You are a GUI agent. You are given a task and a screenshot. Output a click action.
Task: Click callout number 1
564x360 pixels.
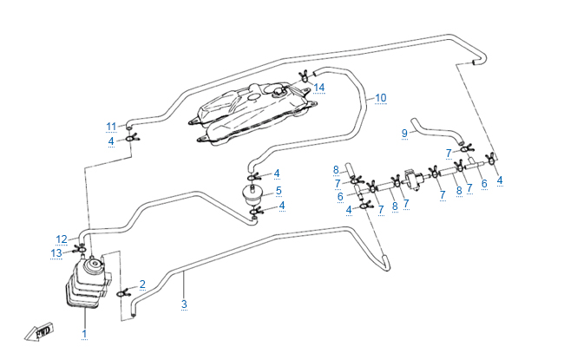(x=84, y=333)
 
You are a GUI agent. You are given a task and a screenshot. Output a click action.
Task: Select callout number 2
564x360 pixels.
(x=142, y=284)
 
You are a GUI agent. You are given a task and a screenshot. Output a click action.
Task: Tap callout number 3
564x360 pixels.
(x=184, y=304)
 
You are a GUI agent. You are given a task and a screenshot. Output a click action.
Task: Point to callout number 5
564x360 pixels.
(x=278, y=190)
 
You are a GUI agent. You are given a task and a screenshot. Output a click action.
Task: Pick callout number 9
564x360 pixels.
(x=403, y=133)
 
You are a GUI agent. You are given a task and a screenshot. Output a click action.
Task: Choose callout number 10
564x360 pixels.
(x=380, y=99)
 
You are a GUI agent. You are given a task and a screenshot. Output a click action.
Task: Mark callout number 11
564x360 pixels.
(x=111, y=126)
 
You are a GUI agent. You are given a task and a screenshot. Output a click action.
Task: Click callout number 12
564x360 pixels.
(x=62, y=239)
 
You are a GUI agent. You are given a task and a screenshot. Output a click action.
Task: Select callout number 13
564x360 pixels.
(x=56, y=252)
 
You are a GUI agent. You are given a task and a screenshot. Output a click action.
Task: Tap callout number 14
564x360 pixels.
(x=319, y=87)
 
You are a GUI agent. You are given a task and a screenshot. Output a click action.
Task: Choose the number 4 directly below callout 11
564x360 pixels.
(x=111, y=141)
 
